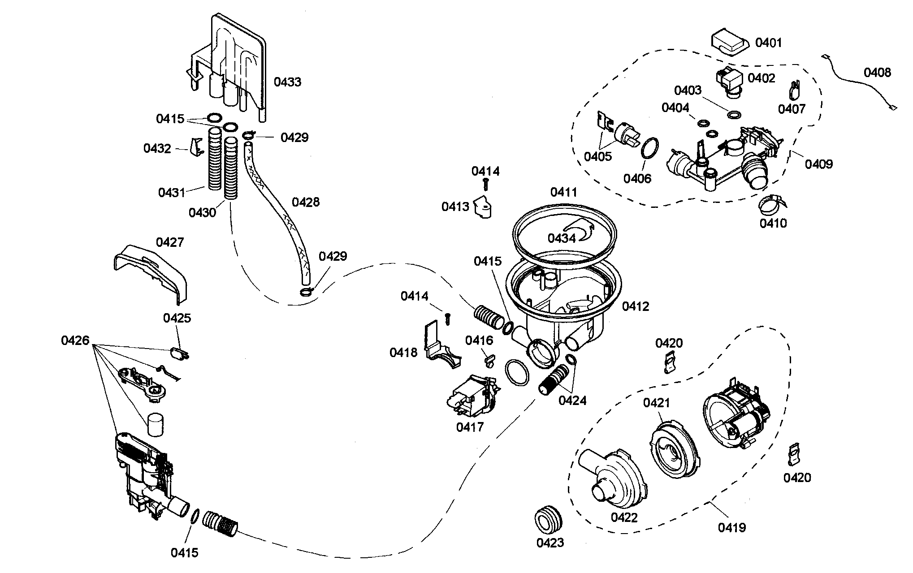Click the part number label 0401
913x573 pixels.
(x=768, y=43)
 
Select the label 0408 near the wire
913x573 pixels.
(x=877, y=73)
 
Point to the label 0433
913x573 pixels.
(x=287, y=82)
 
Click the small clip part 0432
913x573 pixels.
(x=195, y=147)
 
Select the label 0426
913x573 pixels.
(x=75, y=341)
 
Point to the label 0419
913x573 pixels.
(x=731, y=528)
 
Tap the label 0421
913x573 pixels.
(x=657, y=403)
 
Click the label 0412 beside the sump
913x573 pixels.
(x=635, y=306)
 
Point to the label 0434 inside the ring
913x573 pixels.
(x=561, y=238)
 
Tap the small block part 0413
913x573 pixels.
(x=482, y=207)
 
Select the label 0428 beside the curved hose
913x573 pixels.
(x=306, y=202)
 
